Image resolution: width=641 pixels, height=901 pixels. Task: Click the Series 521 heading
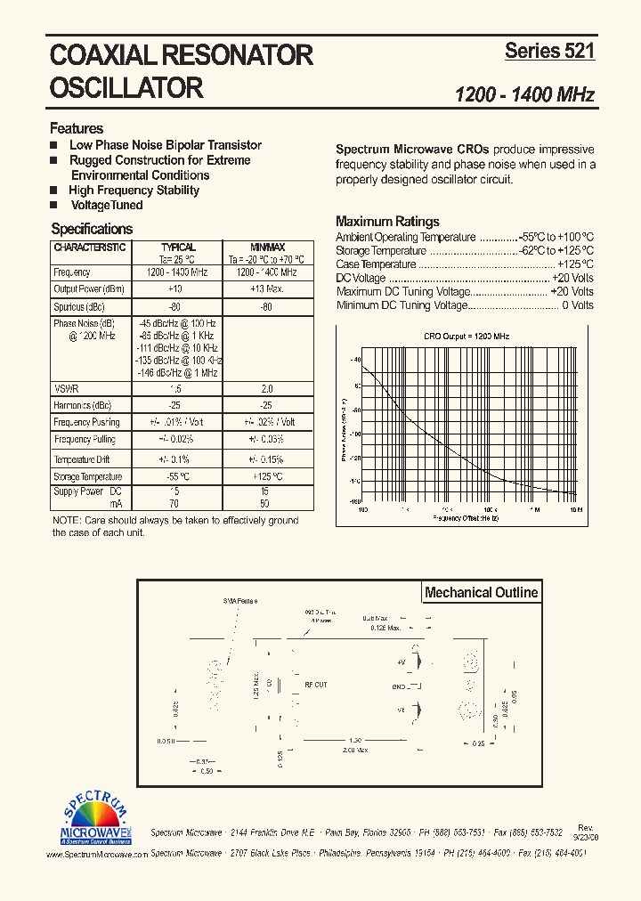click(549, 52)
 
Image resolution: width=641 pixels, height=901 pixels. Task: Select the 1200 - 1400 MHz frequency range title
click(524, 95)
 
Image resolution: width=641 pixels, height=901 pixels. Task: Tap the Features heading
click(77, 128)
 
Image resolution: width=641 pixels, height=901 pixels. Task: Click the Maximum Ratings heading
click(387, 222)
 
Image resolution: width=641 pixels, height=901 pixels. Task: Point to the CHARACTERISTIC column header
click(89, 248)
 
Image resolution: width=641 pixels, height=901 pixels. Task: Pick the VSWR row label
click(66, 388)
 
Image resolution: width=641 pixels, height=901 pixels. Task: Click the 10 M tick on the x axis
click(575, 510)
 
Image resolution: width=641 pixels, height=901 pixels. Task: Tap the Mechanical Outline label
click(481, 593)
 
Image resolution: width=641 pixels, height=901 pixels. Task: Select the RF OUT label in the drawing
click(316, 686)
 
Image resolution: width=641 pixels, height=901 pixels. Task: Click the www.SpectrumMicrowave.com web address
click(96, 854)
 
